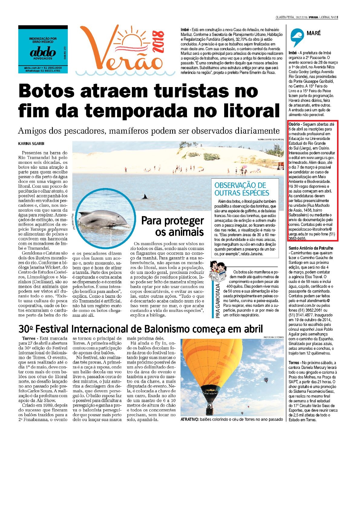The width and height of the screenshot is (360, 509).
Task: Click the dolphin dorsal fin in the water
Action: click(x=145, y=197)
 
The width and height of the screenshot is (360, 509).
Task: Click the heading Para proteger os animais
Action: click(x=173, y=226)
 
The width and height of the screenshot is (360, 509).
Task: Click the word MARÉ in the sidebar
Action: click(x=313, y=33)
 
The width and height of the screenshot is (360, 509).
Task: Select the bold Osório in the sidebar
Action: click(x=294, y=124)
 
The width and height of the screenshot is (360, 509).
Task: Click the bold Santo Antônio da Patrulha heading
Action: click(x=311, y=248)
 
